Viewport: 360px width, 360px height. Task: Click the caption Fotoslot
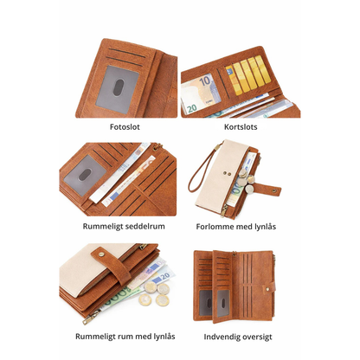[125, 127]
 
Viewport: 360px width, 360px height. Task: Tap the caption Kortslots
[241, 127]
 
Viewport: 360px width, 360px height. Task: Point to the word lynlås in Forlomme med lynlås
[266, 227]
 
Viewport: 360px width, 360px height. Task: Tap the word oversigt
[257, 337]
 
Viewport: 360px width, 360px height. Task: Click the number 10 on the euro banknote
[205, 81]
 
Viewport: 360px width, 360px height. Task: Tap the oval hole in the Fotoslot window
[119, 87]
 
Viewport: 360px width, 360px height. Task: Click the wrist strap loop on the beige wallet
[201, 170]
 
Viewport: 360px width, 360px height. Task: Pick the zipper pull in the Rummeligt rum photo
[91, 318]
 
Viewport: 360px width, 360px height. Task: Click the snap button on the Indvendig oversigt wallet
[267, 288]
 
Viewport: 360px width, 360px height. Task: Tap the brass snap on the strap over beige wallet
[101, 254]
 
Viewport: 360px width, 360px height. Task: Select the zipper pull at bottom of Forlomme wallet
[223, 211]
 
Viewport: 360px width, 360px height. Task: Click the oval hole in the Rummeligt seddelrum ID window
[85, 175]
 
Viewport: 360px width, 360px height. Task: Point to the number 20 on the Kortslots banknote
[192, 108]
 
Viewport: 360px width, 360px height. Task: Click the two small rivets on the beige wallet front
[227, 174]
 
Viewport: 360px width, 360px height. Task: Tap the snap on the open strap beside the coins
[274, 190]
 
